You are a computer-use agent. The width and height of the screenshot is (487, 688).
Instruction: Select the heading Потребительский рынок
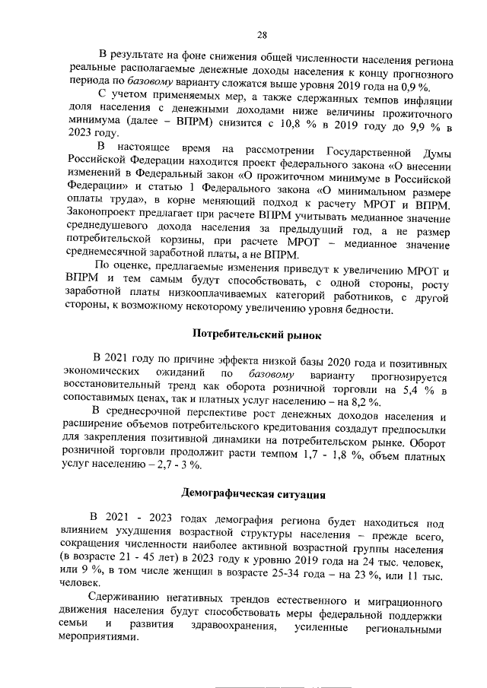pyautogui.click(x=258, y=333)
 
